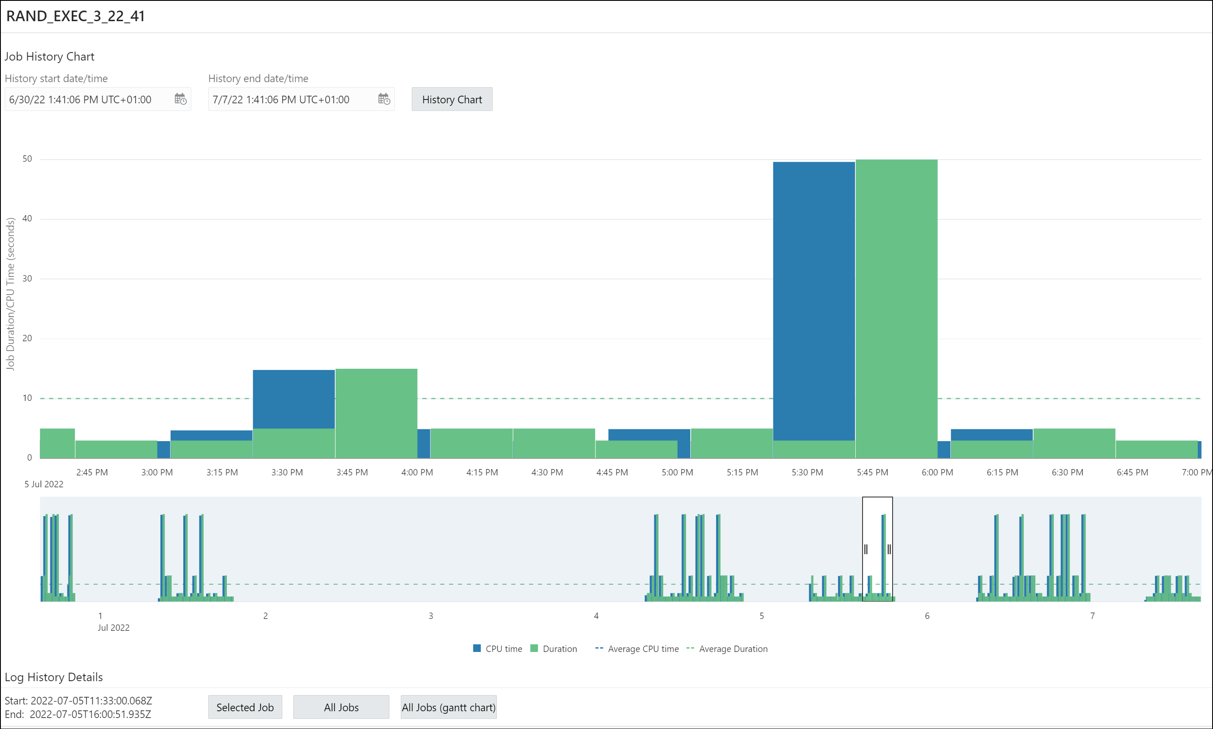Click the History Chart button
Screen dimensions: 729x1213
click(x=452, y=100)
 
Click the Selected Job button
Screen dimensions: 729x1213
click(x=245, y=707)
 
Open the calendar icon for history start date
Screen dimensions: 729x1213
click(x=180, y=99)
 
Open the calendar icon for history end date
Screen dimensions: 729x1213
click(x=384, y=99)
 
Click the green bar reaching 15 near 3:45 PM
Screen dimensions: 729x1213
click(x=376, y=413)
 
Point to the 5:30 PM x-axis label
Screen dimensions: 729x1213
click(x=807, y=472)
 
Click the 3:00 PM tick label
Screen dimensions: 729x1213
click(x=157, y=472)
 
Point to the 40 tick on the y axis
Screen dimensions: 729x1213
click(x=28, y=218)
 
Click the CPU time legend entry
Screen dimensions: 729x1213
click(x=498, y=649)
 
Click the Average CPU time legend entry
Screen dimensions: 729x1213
click(x=637, y=649)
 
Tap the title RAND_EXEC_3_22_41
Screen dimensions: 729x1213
click(x=76, y=16)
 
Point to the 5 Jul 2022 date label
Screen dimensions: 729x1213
click(x=44, y=484)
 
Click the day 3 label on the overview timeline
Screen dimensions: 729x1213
click(x=431, y=616)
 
